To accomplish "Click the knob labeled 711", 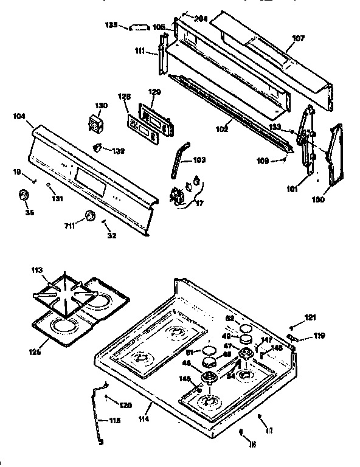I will (90, 215).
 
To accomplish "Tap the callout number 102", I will (221, 129).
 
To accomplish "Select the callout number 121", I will (310, 317).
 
